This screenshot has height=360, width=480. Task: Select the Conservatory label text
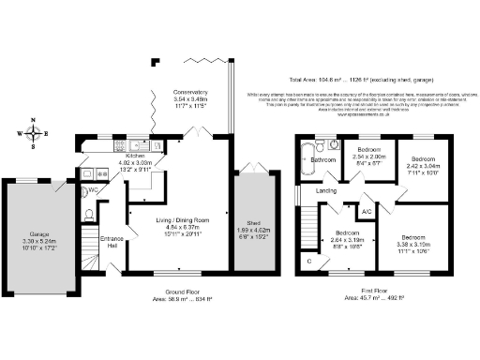pos(189,93)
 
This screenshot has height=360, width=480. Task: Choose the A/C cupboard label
pos(367,212)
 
